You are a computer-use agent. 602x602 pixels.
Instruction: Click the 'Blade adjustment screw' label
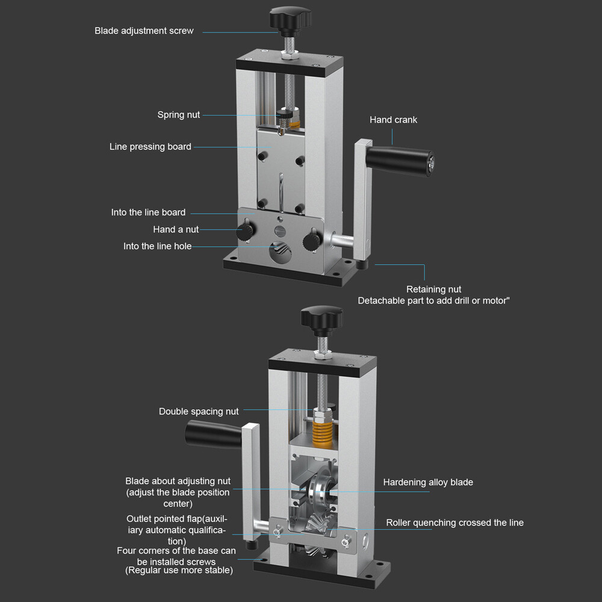tap(144, 31)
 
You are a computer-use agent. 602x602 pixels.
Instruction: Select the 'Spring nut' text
tap(178, 115)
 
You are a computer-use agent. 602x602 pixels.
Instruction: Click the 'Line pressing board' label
tap(150, 147)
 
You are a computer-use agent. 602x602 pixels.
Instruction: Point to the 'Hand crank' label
tap(393, 120)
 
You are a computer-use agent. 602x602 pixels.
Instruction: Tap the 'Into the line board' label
tap(148, 213)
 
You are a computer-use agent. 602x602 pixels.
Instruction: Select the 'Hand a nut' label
tap(175, 229)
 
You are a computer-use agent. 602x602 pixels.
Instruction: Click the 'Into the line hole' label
tap(157, 246)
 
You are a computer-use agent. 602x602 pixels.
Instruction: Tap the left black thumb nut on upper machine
tap(245, 231)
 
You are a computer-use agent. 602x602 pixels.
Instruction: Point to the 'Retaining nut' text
tap(433, 290)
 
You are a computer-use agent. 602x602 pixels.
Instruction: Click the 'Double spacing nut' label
tap(199, 412)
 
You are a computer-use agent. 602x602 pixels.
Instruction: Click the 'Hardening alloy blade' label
tap(428, 482)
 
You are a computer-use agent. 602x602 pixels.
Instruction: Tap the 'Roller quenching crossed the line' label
tap(455, 523)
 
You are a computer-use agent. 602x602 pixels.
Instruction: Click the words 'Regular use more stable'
tap(179, 570)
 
